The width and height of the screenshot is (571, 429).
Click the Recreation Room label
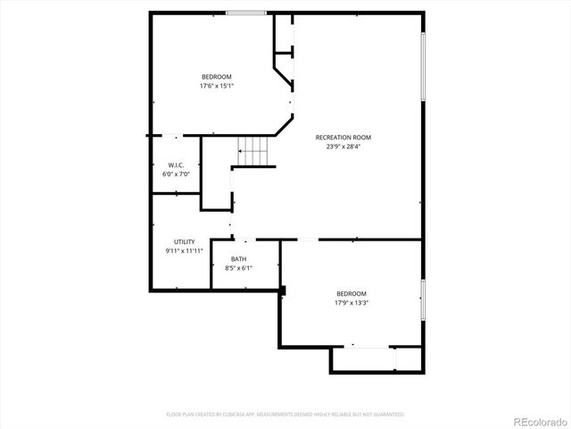click(x=343, y=138)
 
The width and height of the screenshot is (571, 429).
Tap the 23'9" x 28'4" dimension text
click(x=343, y=147)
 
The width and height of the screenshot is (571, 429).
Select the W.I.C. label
click(x=176, y=165)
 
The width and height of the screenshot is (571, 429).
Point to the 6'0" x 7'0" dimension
click(x=176, y=174)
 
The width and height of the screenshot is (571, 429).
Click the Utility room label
click(x=185, y=242)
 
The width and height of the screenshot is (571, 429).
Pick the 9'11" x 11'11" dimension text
click(x=185, y=251)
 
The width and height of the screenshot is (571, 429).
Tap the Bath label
click(x=239, y=259)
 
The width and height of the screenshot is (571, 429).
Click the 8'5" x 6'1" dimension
click(x=239, y=268)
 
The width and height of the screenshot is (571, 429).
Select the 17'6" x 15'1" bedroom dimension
click(x=217, y=86)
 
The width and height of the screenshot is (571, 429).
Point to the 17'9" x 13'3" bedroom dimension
click(x=352, y=303)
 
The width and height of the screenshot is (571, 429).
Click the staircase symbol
click(x=253, y=152)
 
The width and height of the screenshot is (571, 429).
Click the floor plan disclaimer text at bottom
click(x=285, y=415)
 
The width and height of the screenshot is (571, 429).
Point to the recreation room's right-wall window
click(x=423, y=68)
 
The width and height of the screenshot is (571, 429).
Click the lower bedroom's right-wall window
click(x=423, y=299)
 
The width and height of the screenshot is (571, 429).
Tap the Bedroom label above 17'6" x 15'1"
click(x=217, y=77)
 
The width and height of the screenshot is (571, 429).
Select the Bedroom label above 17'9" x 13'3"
click(x=352, y=294)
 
